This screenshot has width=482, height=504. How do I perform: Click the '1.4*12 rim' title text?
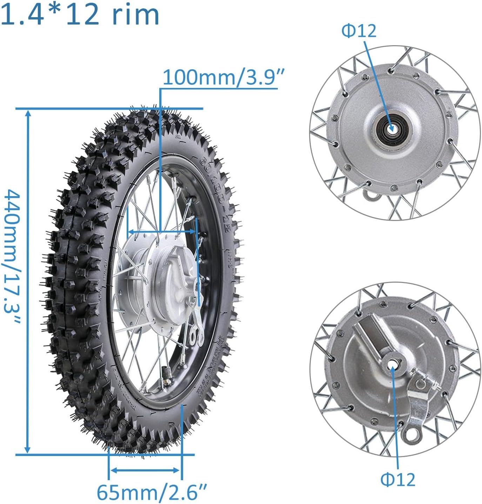[80, 15]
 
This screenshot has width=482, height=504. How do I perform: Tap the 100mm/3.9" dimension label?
[223, 77]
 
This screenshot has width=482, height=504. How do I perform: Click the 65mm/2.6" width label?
[152, 492]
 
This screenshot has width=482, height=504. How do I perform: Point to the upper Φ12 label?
[359, 31]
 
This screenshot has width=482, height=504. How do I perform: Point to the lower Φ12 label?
[398, 479]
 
